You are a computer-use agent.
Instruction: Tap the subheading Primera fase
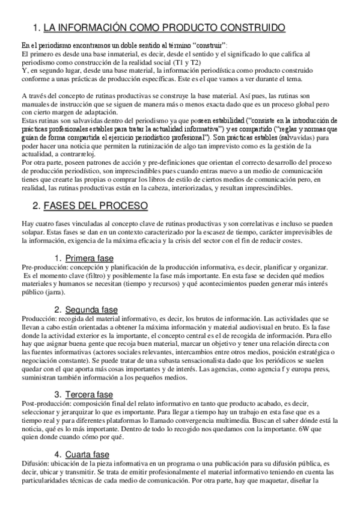coord(89,241)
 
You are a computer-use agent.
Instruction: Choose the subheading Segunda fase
coord(91,309)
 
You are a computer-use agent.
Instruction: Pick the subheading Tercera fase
coord(89,395)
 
